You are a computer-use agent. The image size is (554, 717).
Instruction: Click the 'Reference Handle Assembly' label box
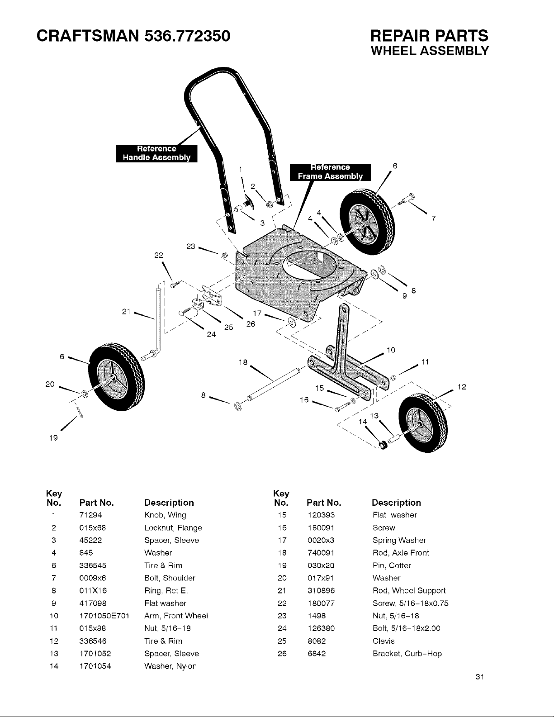[156, 153]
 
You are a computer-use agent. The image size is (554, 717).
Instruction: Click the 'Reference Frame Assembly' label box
[330, 172]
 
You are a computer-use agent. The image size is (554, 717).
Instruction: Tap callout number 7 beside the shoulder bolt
[433, 218]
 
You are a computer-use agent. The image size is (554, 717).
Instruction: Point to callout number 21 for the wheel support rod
[126, 312]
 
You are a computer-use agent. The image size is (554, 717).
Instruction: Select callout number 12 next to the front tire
[462, 387]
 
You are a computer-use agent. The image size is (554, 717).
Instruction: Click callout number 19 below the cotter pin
[53, 438]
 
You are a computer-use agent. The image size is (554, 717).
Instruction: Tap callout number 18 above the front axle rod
[243, 362]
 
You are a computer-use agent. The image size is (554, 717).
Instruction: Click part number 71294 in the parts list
[91, 515]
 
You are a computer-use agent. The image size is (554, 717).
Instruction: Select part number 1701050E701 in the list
[104, 616]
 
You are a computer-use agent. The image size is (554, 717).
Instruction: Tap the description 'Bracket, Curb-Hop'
[407, 653]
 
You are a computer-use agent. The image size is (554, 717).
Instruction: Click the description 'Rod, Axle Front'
[401, 553]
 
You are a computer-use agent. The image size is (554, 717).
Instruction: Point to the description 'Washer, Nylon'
[170, 666]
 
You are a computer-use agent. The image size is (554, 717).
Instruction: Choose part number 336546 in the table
[93, 641]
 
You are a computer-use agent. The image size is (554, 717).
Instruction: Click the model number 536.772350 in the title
[187, 36]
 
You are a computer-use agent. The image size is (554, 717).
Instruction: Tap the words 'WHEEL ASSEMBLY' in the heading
[430, 51]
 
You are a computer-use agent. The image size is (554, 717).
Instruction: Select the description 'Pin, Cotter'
[392, 565]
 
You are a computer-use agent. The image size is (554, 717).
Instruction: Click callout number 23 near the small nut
[190, 247]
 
